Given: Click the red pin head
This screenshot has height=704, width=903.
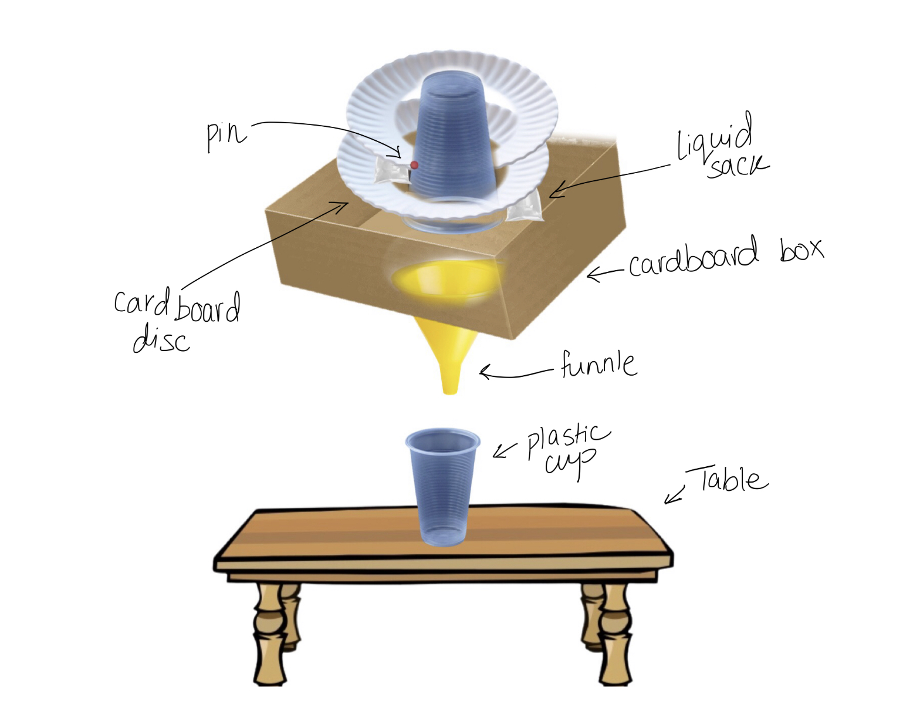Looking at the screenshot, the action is click(414, 165).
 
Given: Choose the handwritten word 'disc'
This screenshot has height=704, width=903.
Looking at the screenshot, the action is click(161, 339).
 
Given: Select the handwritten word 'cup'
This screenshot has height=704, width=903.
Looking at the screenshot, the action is click(569, 463).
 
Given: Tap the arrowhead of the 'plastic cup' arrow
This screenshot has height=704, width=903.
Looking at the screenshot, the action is click(498, 453).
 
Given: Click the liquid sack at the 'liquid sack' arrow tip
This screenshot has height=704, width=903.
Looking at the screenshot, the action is click(525, 208).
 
